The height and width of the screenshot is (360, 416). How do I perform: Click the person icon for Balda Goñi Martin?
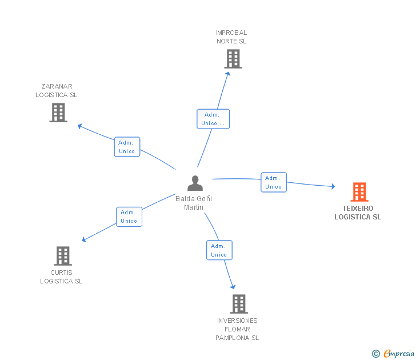coord(195,183)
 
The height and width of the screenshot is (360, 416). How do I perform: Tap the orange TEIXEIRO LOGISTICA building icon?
coord(359,192)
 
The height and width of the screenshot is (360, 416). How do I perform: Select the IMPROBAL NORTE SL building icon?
coord(233,59)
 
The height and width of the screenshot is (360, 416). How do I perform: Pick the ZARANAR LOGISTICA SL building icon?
coord(58,113)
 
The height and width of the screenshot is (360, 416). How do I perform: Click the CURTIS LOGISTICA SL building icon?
coord(63,256)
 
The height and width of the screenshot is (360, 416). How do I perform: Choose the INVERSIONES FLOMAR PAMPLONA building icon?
coord(239,304)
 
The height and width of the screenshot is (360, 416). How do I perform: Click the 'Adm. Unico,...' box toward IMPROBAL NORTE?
coord(214,119)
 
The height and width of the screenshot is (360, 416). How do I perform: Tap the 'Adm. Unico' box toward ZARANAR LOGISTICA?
coord(127,147)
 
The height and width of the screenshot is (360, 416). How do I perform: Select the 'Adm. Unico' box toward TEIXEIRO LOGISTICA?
coord(274,182)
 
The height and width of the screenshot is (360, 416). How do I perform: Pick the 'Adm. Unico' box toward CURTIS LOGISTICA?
coord(129,217)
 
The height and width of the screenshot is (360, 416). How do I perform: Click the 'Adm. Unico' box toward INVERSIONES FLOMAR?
coord(219,250)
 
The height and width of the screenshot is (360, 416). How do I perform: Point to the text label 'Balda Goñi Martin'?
coord(194,203)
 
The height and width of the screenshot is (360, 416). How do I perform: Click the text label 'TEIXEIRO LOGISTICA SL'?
coord(358,213)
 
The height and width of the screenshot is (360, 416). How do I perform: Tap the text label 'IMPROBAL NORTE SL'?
coord(231,37)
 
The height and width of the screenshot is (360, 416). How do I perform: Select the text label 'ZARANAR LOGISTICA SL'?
coord(57,91)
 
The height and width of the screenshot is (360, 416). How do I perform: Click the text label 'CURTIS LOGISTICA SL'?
coord(61,277)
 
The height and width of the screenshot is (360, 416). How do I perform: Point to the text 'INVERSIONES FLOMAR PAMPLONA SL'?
coord(237,329)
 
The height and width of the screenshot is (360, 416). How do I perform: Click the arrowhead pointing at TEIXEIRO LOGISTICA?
coord(333,186)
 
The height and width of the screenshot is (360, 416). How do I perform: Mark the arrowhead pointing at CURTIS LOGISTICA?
coord(85,239)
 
